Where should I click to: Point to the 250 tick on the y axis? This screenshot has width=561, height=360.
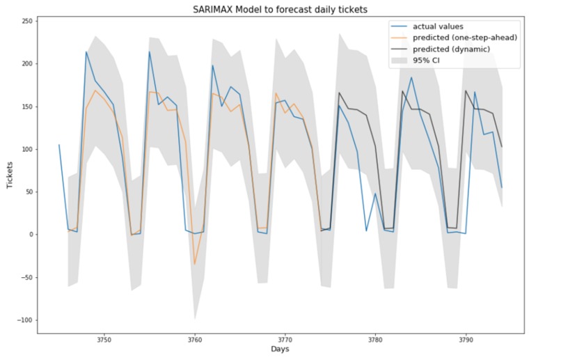(26, 21)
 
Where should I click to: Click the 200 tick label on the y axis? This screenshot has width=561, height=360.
(26, 64)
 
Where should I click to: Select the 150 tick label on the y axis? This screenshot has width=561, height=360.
(26, 107)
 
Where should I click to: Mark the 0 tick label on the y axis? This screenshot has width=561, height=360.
(31, 235)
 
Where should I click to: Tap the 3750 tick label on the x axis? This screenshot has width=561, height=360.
(104, 339)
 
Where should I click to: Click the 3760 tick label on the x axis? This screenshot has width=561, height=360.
(195, 339)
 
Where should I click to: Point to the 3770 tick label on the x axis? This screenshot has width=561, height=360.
(285, 339)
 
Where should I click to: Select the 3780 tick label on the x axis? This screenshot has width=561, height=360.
(376, 339)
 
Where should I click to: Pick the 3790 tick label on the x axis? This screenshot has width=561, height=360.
(466, 339)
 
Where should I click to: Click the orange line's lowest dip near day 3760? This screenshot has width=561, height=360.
(195, 265)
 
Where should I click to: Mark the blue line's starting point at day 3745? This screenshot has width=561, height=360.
(59, 145)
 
